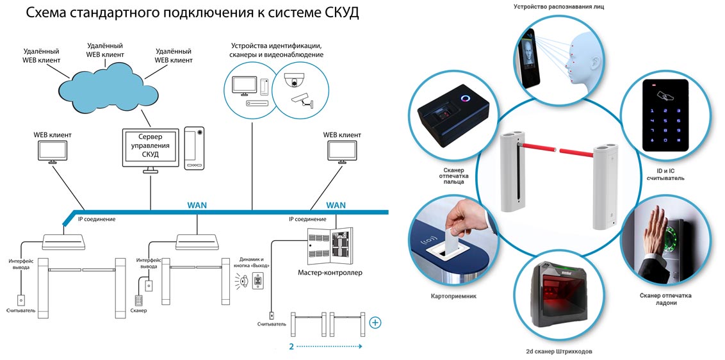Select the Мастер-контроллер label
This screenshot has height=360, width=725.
[330, 273]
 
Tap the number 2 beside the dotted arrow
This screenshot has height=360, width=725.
[291, 346]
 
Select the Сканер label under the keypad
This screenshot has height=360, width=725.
[138, 311]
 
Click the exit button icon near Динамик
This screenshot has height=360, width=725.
[258, 281]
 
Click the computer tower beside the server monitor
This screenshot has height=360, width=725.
[194, 147]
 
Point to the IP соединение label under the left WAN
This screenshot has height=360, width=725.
[97, 219]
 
